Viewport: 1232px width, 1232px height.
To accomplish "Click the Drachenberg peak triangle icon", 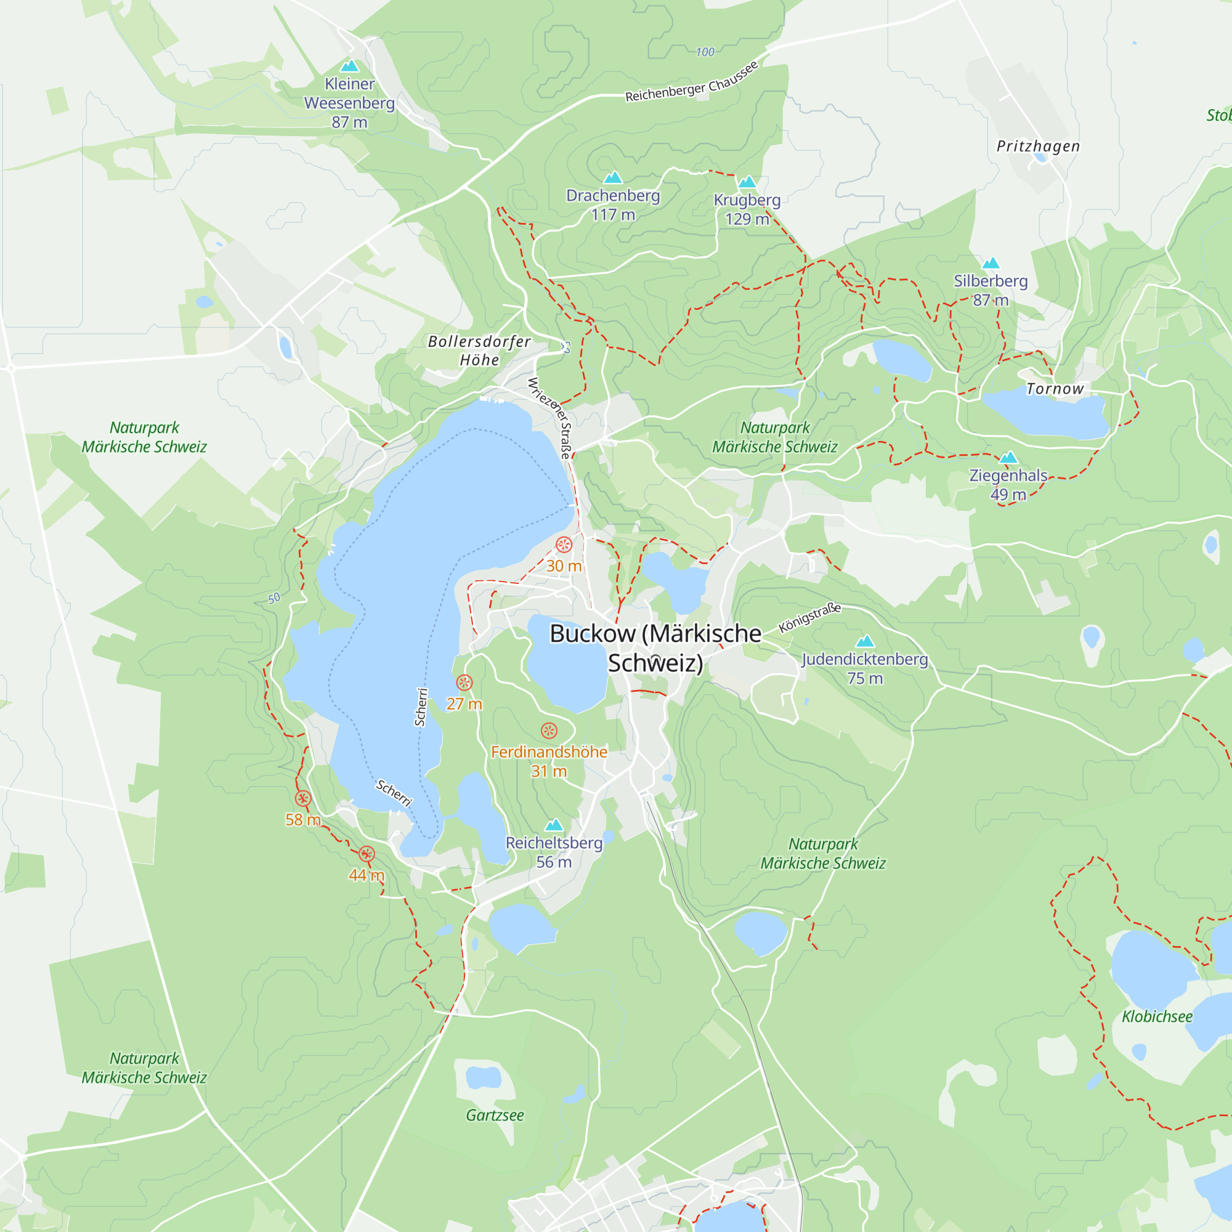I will (x=613, y=177).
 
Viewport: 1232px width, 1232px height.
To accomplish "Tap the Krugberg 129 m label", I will (x=747, y=209).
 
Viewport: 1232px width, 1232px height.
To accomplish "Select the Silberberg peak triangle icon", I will (x=991, y=263).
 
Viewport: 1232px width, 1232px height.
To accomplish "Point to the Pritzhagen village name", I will (x=1038, y=146).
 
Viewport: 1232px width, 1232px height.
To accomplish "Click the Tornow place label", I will (x=1055, y=388).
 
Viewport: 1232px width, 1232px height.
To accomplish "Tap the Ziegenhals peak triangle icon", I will (x=1008, y=457).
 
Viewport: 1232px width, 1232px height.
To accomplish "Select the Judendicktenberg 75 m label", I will (x=865, y=668).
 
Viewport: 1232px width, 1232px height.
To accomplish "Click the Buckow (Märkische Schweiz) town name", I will (x=655, y=648).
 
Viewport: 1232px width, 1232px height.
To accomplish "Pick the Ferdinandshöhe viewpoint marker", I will (x=549, y=731).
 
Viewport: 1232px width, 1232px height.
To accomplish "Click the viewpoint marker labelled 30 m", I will (x=564, y=545).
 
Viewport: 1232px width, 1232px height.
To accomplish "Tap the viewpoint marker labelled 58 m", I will (x=303, y=798).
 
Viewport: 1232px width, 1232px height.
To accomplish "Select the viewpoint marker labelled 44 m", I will (x=367, y=854).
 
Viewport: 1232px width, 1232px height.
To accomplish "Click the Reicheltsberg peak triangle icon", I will (x=554, y=825).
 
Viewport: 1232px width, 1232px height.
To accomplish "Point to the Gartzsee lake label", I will (x=495, y=1116).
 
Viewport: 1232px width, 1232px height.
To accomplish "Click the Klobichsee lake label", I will (x=1157, y=1016).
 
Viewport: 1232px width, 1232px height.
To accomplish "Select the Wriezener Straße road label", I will (x=549, y=417).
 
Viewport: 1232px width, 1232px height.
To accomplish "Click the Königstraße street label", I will (x=810, y=617).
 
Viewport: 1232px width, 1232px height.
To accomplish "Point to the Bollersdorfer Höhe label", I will (x=479, y=350).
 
